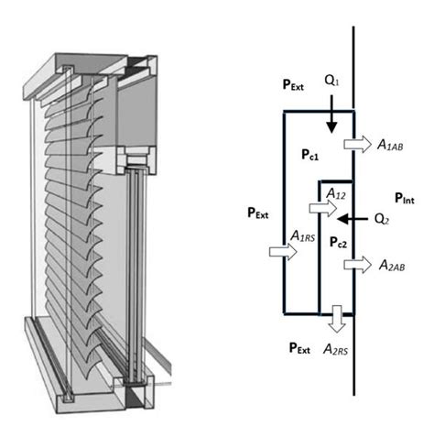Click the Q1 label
[331, 81]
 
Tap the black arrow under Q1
[331, 115]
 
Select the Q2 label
[382, 219]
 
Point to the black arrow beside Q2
[353, 219]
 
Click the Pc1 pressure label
[309, 155]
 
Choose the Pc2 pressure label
[338, 242]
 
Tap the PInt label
[405, 198]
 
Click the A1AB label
[390, 145]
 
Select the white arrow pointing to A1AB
[357, 144]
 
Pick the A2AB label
[392, 265]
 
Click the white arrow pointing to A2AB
[357, 265]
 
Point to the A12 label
[336, 193]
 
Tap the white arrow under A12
[323, 208]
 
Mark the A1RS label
[302, 236]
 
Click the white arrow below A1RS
[283, 252]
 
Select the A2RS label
[335, 349]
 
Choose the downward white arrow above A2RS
[337, 319]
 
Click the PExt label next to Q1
[293, 85]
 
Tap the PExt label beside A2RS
[299, 348]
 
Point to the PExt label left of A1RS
[258, 213]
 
